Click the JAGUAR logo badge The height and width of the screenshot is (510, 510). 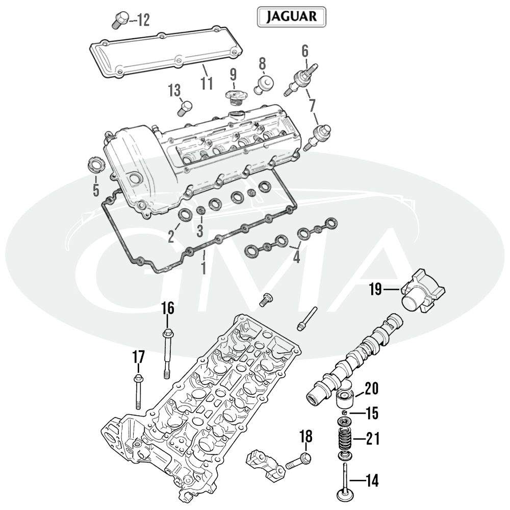coord(291,17)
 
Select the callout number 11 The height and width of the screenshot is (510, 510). coord(207,83)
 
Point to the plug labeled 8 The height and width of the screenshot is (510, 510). coord(264,85)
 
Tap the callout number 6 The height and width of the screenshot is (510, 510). coord(305,52)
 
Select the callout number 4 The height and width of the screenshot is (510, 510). coord(296,257)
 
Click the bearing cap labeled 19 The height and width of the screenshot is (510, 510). coord(423,291)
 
